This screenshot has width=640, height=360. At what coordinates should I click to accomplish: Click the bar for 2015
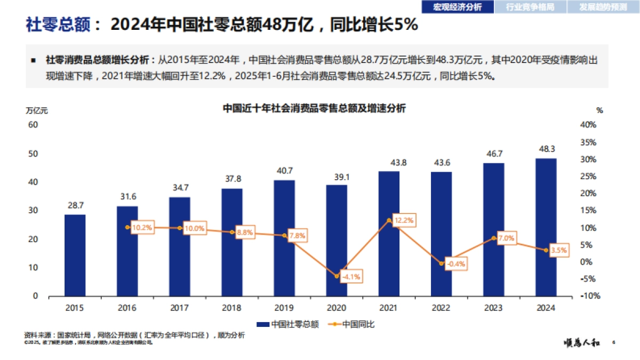[75, 255]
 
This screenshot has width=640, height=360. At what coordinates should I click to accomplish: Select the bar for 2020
[337, 240]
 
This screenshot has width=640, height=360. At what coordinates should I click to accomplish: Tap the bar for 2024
[546, 227]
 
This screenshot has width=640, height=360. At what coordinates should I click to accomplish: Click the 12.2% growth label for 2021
[403, 220]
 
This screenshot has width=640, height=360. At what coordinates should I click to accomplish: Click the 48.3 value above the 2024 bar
[546, 149]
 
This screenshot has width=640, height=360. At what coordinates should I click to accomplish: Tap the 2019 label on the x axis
[284, 308]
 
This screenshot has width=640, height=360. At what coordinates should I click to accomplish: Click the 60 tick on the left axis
[33, 124]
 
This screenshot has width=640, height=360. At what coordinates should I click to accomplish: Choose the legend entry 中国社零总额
[288, 324]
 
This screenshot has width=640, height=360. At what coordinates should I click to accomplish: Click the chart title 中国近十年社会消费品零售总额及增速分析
[314, 108]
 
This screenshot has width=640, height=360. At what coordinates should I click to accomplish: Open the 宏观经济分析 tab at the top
[457, 6]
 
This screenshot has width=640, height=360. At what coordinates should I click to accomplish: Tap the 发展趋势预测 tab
[603, 6]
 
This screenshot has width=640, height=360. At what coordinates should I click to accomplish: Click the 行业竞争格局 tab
[530, 6]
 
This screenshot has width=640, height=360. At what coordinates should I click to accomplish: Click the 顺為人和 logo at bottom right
[582, 343]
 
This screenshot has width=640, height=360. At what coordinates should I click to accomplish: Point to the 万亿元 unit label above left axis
[37, 111]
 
